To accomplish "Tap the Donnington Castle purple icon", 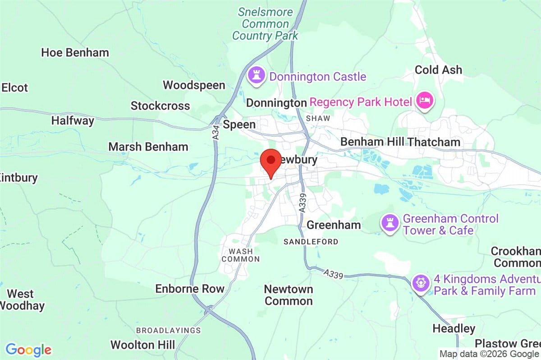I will [x=257, y=76].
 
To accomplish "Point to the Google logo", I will [x=28, y=350].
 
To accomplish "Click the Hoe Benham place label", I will [x=75, y=52].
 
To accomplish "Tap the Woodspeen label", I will [x=194, y=85].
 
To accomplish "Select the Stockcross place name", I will [x=160, y=106].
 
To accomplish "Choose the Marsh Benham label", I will [x=148, y=147].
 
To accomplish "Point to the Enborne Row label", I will [x=189, y=289].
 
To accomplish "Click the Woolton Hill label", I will [x=142, y=345].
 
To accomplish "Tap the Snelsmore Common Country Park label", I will [x=265, y=24].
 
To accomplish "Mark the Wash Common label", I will [x=241, y=255].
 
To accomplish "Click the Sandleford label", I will [x=311, y=242].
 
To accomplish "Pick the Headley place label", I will [x=454, y=328].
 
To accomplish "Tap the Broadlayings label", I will [x=168, y=330].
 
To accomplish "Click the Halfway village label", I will [x=73, y=121].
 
